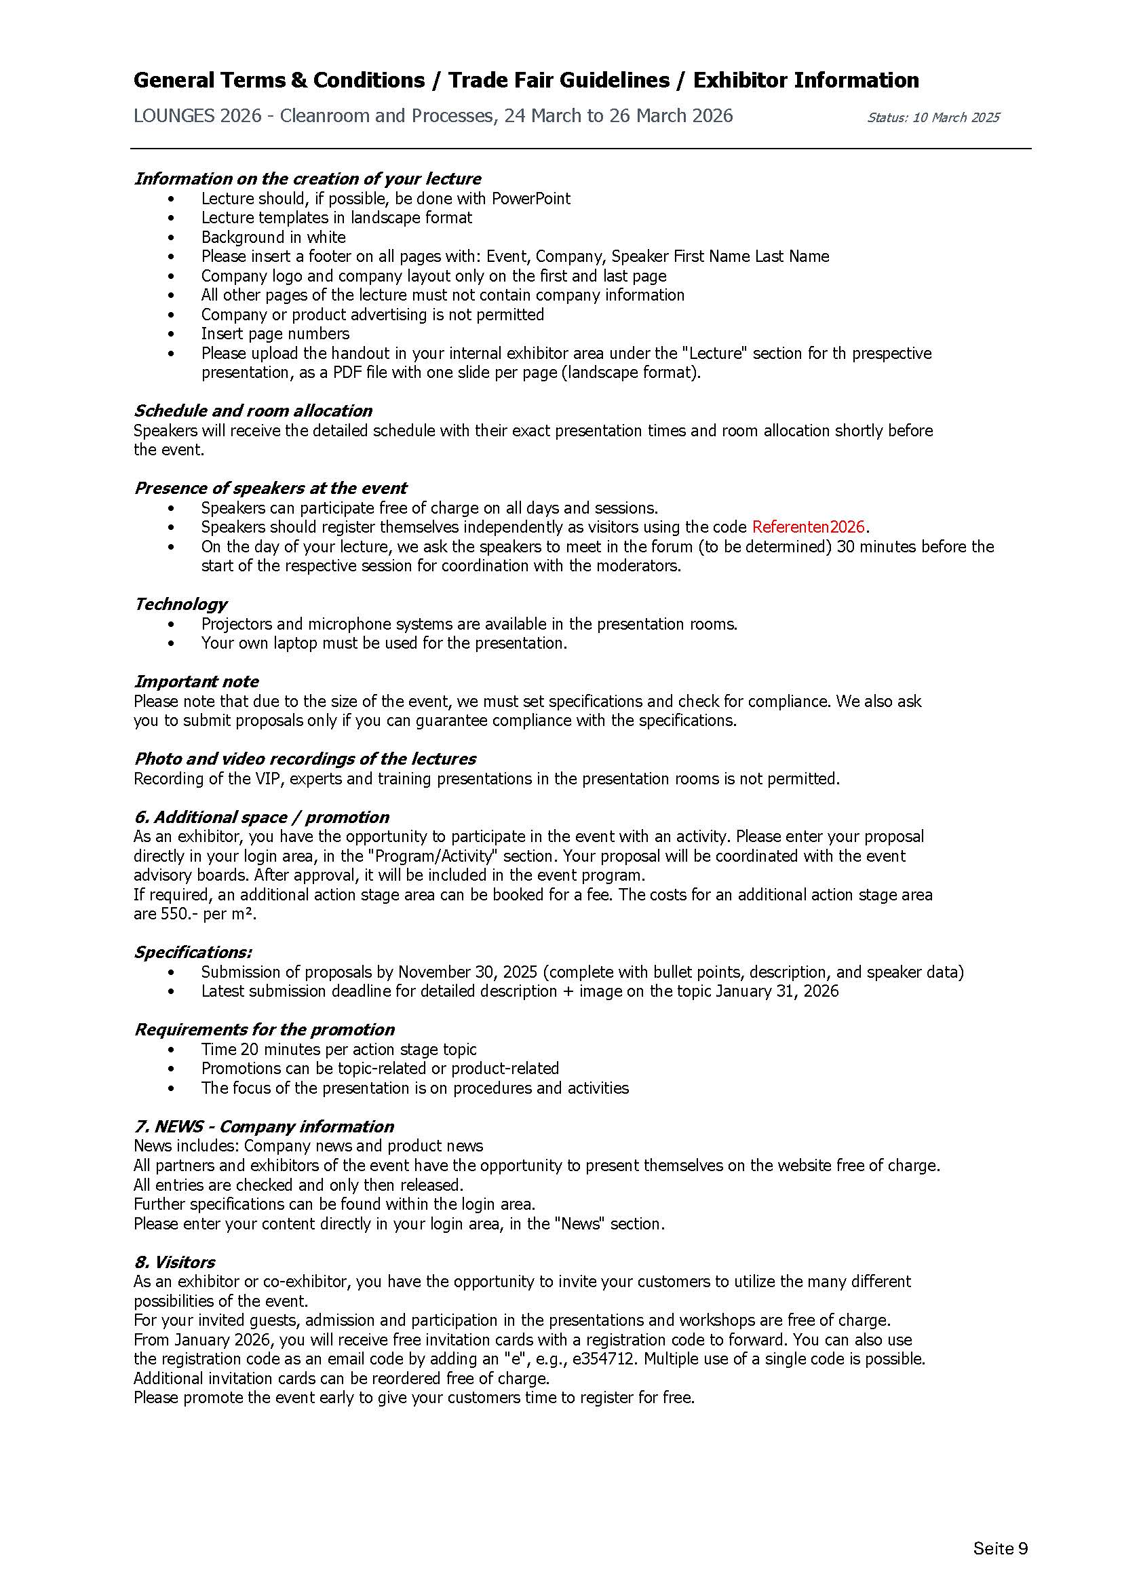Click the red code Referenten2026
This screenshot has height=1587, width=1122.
(x=808, y=527)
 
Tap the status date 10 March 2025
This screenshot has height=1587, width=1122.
(x=956, y=117)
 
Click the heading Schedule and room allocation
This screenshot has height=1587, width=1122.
(x=253, y=410)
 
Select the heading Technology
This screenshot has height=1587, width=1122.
(x=180, y=604)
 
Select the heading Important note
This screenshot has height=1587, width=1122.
(x=196, y=681)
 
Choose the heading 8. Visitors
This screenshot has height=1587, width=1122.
(x=174, y=1262)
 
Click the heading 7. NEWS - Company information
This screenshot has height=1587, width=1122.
(x=263, y=1127)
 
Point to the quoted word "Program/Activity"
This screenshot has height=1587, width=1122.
(x=425, y=856)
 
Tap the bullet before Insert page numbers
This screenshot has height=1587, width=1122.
(x=172, y=334)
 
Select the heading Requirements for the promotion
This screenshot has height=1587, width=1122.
(x=264, y=1029)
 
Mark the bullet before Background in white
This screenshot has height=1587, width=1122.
(x=172, y=237)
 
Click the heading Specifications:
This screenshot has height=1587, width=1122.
(x=193, y=953)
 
